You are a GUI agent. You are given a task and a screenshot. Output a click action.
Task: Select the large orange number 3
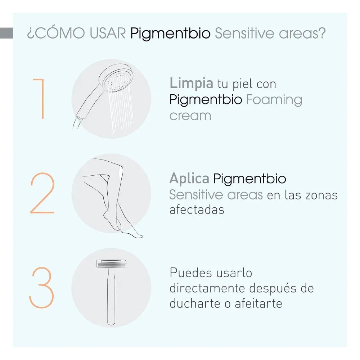(42, 288)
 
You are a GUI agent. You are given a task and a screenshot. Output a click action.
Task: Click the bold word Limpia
(191, 84)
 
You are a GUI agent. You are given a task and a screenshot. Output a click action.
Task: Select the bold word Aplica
(189, 179)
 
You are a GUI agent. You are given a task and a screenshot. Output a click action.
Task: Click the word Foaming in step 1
(274, 100)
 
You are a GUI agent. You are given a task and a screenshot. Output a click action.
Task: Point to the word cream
(190, 116)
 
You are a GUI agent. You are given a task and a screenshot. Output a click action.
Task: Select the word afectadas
(197, 210)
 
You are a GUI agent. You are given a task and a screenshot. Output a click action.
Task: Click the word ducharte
(197, 304)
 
